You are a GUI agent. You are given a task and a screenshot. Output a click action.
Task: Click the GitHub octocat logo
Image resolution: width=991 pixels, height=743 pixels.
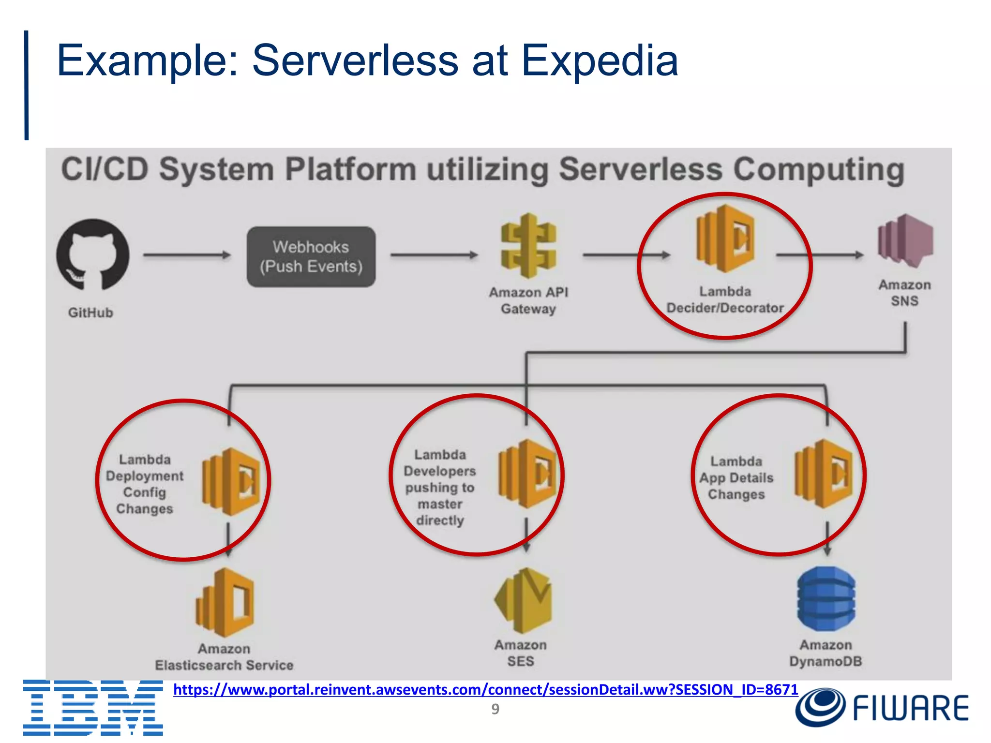click(x=92, y=255)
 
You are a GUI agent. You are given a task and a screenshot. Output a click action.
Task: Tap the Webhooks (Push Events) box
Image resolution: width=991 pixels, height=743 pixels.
click(x=311, y=257)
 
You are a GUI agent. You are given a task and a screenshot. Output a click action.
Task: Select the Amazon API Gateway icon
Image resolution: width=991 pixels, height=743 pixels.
click(x=528, y=246)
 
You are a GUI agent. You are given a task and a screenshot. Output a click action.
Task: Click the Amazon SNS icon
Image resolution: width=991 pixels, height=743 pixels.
click(x=905, y=241)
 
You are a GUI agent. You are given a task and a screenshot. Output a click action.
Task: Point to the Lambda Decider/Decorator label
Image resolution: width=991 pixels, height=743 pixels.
click(x=725, y=300)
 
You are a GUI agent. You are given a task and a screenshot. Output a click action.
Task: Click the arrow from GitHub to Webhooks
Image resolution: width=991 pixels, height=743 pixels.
click(x=187, y=255)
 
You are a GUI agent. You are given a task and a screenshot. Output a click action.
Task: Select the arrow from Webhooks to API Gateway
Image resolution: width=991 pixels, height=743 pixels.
click(x=434, y=255)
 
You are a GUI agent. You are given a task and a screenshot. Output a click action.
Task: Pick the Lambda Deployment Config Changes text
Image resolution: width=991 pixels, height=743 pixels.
click(x=145, y=484)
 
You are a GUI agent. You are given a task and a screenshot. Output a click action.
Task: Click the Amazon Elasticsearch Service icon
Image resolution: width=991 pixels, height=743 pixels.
click(x=225, y=603)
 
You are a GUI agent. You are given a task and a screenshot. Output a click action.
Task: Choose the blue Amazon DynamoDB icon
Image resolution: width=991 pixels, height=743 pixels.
click(x=826, y=599)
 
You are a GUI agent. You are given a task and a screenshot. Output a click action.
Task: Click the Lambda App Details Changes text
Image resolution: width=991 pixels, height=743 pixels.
click(x=736, y=478)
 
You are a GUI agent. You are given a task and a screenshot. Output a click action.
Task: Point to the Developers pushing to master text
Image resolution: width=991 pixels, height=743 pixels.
click(x=440, y=488)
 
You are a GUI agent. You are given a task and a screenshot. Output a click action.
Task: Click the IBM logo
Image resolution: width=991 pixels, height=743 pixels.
click(x=93, y=707)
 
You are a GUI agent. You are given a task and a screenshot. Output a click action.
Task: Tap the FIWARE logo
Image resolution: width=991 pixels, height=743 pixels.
click(x=882, y=708)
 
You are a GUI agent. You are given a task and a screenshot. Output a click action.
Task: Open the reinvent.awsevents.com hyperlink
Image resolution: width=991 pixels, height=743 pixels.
click(x=485, y=689)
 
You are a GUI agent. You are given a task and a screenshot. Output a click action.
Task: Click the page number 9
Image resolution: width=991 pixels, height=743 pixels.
click(x=495, y=709)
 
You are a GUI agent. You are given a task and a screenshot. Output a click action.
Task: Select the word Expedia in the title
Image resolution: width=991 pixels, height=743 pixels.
click(x=600, y=61)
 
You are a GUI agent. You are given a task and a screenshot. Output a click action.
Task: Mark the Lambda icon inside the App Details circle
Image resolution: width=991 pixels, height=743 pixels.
click(x=824, y=474)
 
